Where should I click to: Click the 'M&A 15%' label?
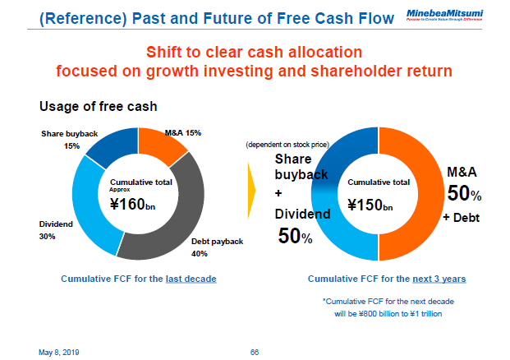(x=183, y=132)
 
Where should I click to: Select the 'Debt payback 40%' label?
(x=218, y=247)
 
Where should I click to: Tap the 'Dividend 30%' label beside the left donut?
(x=56, y=229)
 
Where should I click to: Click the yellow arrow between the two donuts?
(x=251, y=189)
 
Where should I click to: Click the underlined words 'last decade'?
(x=191, y=279)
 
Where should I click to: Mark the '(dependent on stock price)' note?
(x=287, y=145)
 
